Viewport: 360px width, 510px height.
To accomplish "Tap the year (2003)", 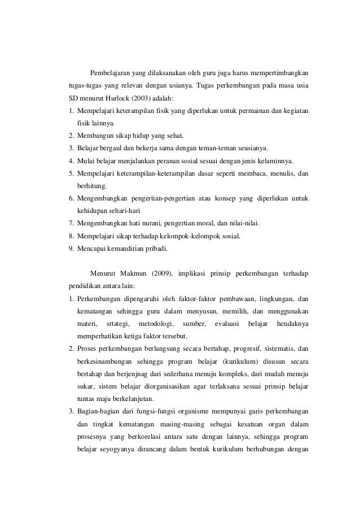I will tap(139, 98).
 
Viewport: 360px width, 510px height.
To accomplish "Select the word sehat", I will tap(170, 135).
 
